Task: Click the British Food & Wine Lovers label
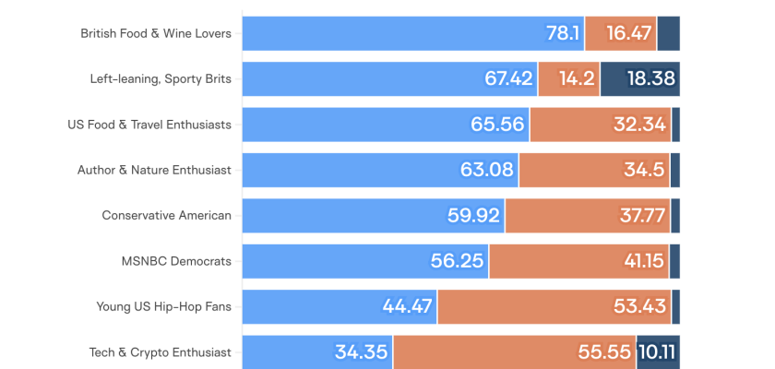(x=155, y=34)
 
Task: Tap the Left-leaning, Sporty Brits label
(x=160, y=79)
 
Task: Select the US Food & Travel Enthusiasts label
(x=149, y=125)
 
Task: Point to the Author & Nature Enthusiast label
(x=154, y=170)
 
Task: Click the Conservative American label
(x=166, y=215)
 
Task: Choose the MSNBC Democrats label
(x=176, y=261)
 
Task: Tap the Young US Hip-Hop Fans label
(x=163, y=306)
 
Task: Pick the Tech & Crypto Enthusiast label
(x=160, y=351)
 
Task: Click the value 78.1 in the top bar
(x=563, y=34)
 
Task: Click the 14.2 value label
(x=577, y=79)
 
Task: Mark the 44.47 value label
(x=407, y=306)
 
